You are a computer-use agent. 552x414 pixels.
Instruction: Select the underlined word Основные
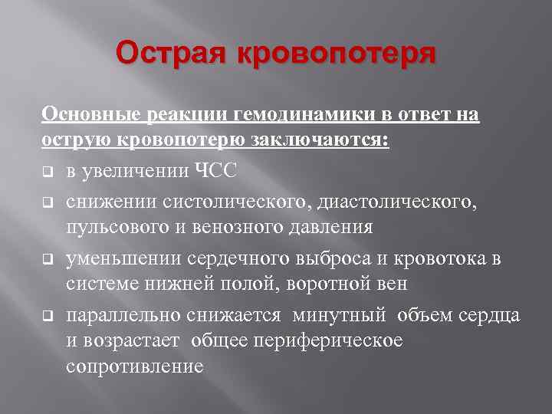(x=84, y=115)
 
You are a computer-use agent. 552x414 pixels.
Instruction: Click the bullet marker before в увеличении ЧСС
(x=47, y=172)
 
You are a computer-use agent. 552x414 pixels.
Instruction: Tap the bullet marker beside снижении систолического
(x=47, y=201)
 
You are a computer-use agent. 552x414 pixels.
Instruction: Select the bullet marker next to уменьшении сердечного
(x=47, y=258)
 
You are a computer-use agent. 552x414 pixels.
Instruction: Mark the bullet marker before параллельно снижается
(x=47, y=316)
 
